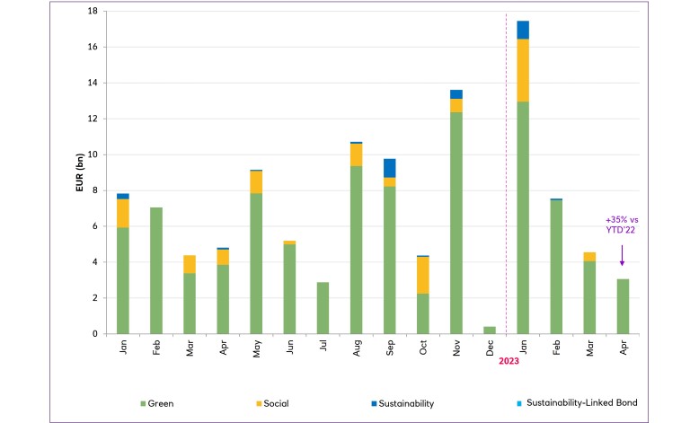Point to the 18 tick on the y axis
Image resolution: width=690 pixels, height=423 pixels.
tap(93, 12)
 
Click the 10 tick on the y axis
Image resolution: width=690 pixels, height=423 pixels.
tap(93, 154)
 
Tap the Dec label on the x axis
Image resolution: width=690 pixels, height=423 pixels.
tap(490, 348)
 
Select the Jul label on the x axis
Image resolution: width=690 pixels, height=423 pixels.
tap(323, 347)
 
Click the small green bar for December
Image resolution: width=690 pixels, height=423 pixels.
tap(490, 330)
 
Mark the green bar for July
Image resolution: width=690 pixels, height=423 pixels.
tap(323, 308)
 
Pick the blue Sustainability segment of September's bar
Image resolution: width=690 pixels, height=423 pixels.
tap(390, 168)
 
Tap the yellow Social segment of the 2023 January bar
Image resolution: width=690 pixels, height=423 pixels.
tap(522, 70)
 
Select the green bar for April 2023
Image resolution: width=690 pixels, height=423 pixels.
tap(622, 306)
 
